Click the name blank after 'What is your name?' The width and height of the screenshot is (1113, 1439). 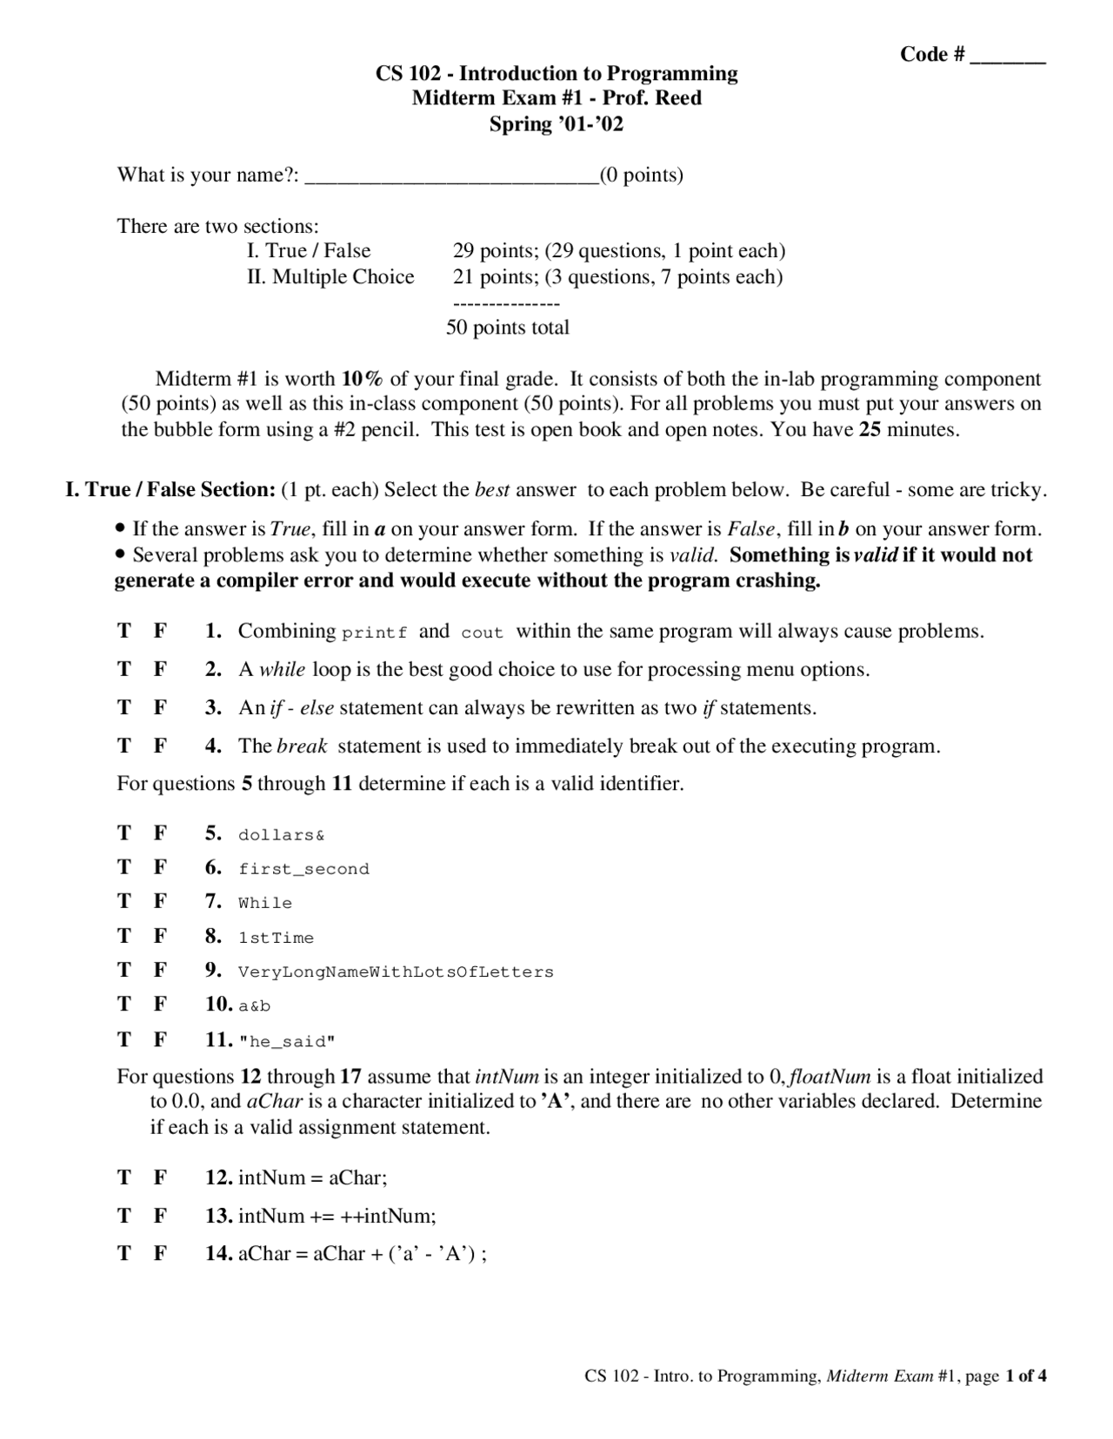tap(452, 177)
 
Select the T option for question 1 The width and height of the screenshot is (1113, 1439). tap(124, 631)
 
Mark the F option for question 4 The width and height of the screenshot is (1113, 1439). tap(160, 746)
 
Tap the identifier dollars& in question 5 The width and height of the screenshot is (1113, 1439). tap(281, 835)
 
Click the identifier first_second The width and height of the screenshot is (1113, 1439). tap(303, 869)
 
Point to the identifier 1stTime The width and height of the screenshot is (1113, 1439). tap(276, 938)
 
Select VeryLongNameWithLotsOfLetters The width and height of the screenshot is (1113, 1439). tap(396, 971)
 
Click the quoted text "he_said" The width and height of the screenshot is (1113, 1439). tap(287, 1041)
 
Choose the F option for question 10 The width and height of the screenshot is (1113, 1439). tap(160, 1005)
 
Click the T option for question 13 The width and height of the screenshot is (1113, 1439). tap(124, 1216)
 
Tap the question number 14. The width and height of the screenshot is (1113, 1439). tap(218, 1253)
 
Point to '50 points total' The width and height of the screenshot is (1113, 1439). tap(507, 328)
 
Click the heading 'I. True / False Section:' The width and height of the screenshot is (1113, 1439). tap(170, 490)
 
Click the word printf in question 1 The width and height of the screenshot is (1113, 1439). tap(374, 633)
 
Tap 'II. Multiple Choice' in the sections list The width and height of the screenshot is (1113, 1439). tap(330, 277)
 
